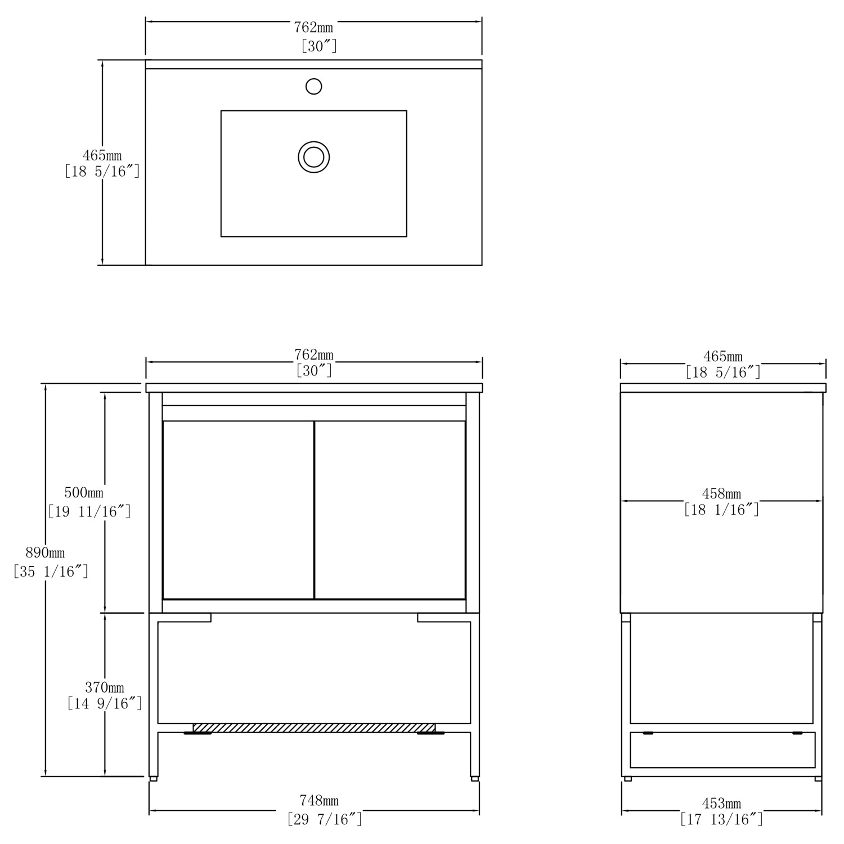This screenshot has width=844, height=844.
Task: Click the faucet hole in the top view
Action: [313, 87]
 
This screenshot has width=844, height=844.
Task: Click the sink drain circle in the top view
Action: [313, 156]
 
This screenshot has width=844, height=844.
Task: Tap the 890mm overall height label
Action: [45, 553]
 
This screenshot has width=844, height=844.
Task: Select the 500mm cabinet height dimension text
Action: [84, 493]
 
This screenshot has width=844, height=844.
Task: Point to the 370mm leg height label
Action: [105, 688]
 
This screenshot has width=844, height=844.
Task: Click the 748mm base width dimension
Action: [318, 800]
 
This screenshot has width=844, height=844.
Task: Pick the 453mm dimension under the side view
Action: [721, 803]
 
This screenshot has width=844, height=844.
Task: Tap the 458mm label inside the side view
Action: [721, 494]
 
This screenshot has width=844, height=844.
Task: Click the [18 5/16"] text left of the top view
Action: [102, 172]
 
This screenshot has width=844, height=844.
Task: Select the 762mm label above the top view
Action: [313, 27]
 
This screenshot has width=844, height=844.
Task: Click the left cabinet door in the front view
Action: [238, 510]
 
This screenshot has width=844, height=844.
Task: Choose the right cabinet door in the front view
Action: [390, 510]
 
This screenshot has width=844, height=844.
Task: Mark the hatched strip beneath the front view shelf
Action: [314, 728]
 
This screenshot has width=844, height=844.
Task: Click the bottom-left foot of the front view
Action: [153, 779]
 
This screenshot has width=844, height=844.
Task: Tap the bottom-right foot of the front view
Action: [475, 779]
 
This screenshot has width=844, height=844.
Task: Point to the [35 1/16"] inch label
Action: [51, 572]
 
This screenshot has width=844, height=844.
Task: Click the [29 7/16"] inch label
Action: [325, 819]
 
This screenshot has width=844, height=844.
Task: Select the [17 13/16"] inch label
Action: [721, 819]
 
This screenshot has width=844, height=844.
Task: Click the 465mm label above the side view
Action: [723, 357]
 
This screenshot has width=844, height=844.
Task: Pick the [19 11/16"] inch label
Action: [89, 511]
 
